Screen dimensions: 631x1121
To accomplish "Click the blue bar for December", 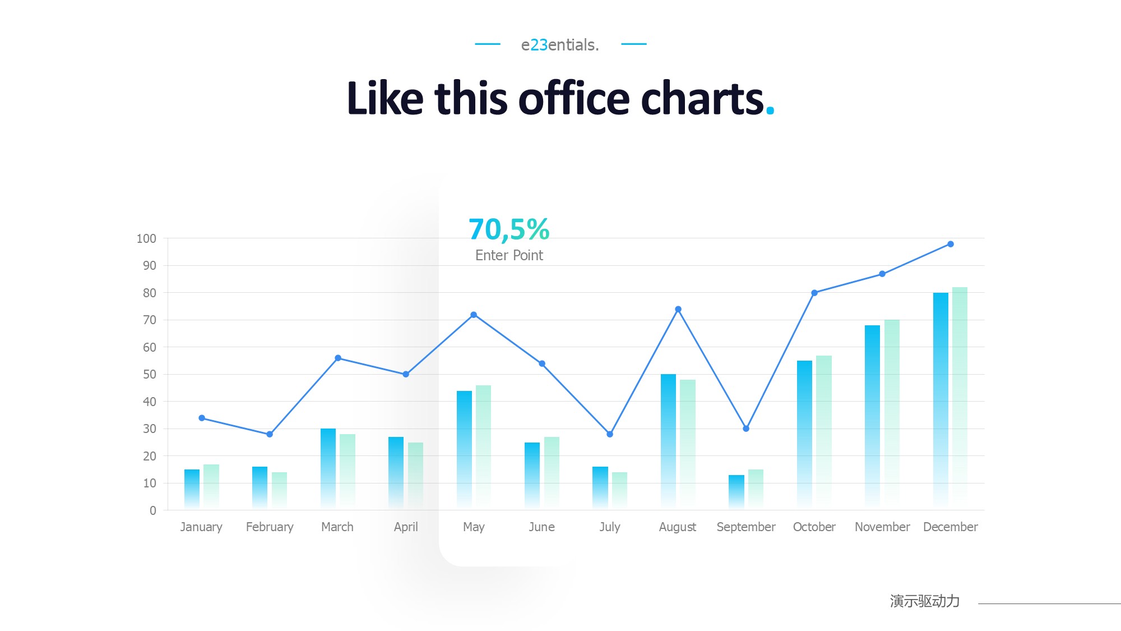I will tap(941, 401).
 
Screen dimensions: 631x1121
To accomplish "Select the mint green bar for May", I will tap(483, 447).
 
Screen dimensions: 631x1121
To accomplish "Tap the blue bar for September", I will tap(736, 492).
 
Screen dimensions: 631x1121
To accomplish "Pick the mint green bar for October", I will tap(824, 432).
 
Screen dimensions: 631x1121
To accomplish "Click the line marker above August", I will tap(678, 309).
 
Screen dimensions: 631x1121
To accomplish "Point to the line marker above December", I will tap(951, 244).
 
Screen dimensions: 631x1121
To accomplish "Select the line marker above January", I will tap(202, 418).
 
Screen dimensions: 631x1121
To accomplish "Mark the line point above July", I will tap(610, 434).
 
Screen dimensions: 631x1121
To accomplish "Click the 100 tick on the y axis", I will tap(146, 238).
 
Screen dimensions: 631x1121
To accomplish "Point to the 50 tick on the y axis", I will tap(149, 374).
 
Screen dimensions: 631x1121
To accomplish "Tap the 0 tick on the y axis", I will tap(152, 510).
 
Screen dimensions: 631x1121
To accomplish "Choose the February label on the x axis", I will tap(270, 527).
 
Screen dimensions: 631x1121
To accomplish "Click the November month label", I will tap(882, 527).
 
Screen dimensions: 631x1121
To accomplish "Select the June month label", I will tap(541, 527).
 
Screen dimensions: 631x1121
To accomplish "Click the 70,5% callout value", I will tap(509, 229).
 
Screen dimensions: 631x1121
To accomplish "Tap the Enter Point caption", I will tap(509, 255).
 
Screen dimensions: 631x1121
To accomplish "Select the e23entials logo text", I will tap(560, 45).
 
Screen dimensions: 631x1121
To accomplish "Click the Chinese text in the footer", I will tap(925, 601).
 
